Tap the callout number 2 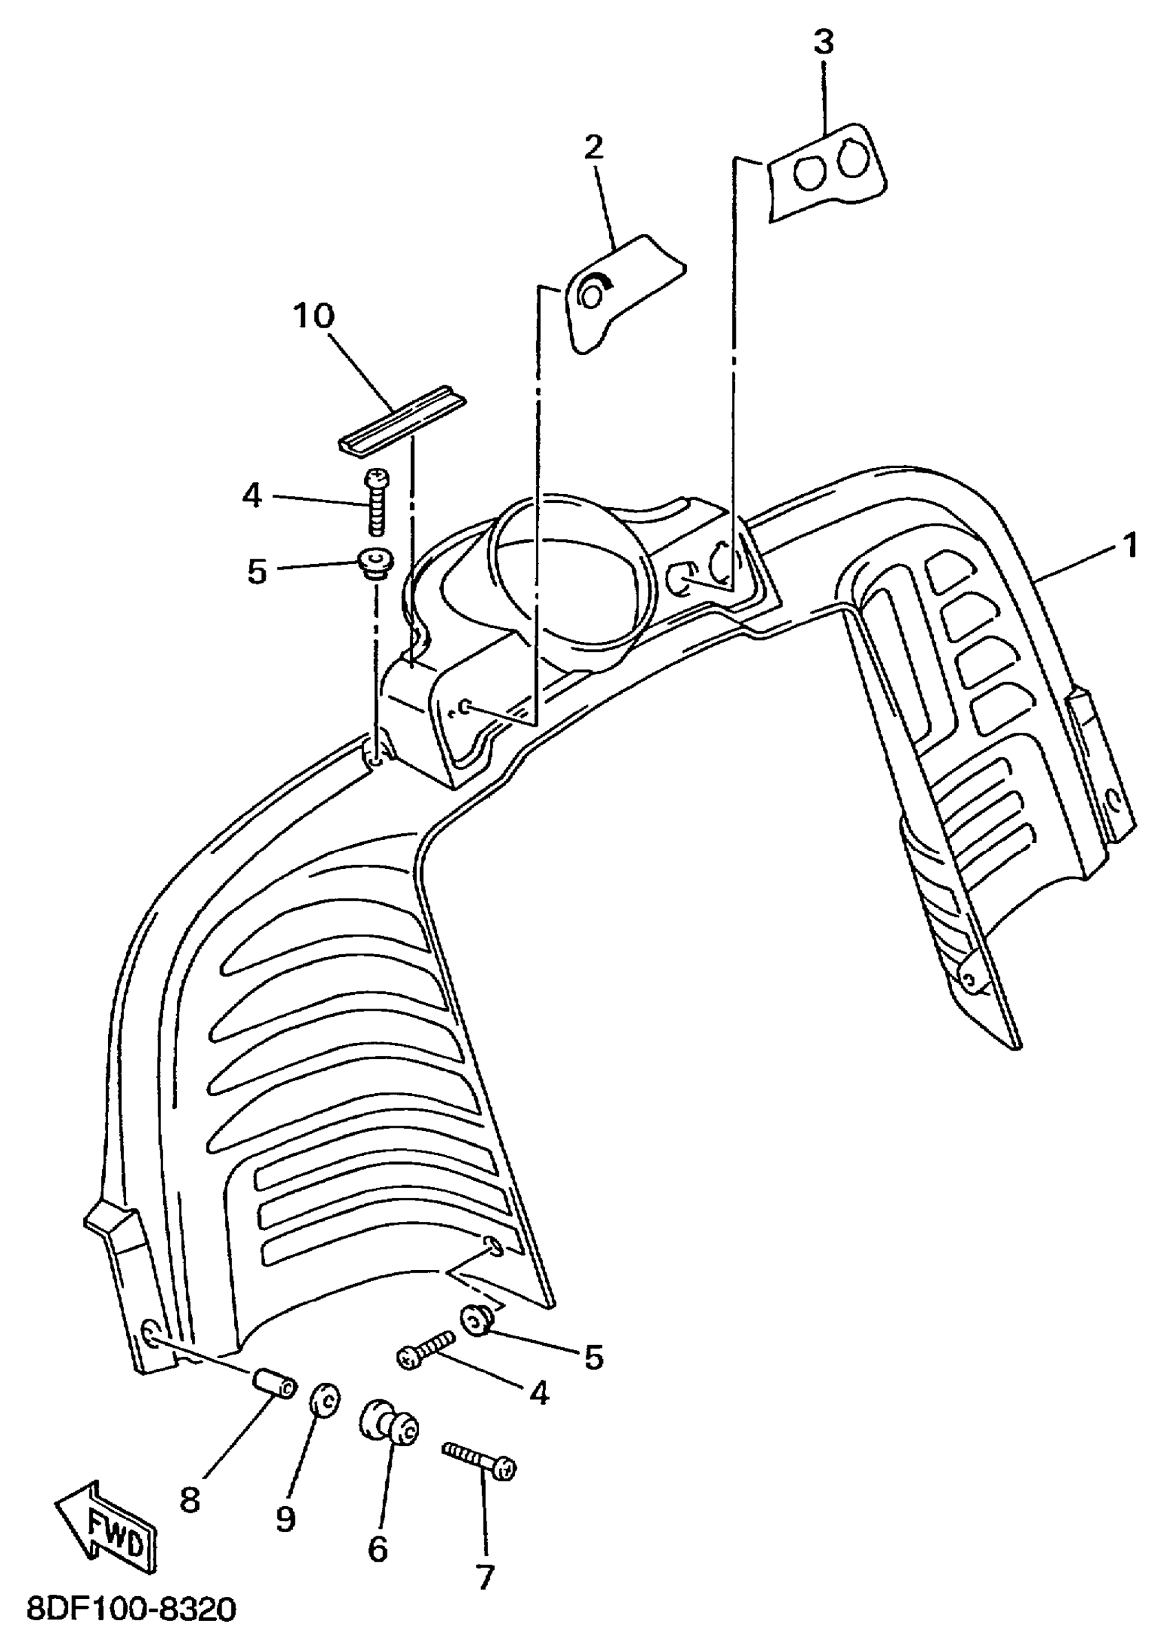[594, 149]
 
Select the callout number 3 [823, 43]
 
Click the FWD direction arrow [107, 1529]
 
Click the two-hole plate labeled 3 [826, 172]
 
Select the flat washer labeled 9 [326, 1404]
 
